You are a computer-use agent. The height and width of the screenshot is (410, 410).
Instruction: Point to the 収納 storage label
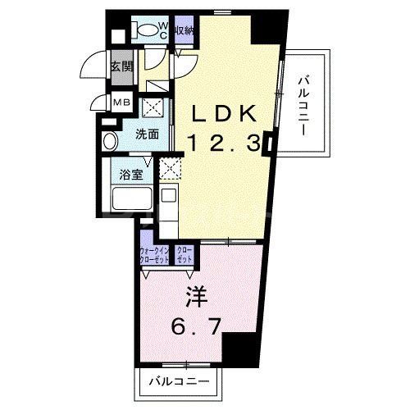(x=184, y=30)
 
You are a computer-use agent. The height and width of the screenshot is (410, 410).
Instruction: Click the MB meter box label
(x=121, y=102)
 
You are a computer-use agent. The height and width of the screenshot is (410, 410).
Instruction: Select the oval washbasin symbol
(x=108, y=141)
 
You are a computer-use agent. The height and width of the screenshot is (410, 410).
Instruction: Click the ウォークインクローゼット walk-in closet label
(x=154, y=253)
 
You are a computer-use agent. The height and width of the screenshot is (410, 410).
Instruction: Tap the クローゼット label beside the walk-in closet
(x=184, y=253)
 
